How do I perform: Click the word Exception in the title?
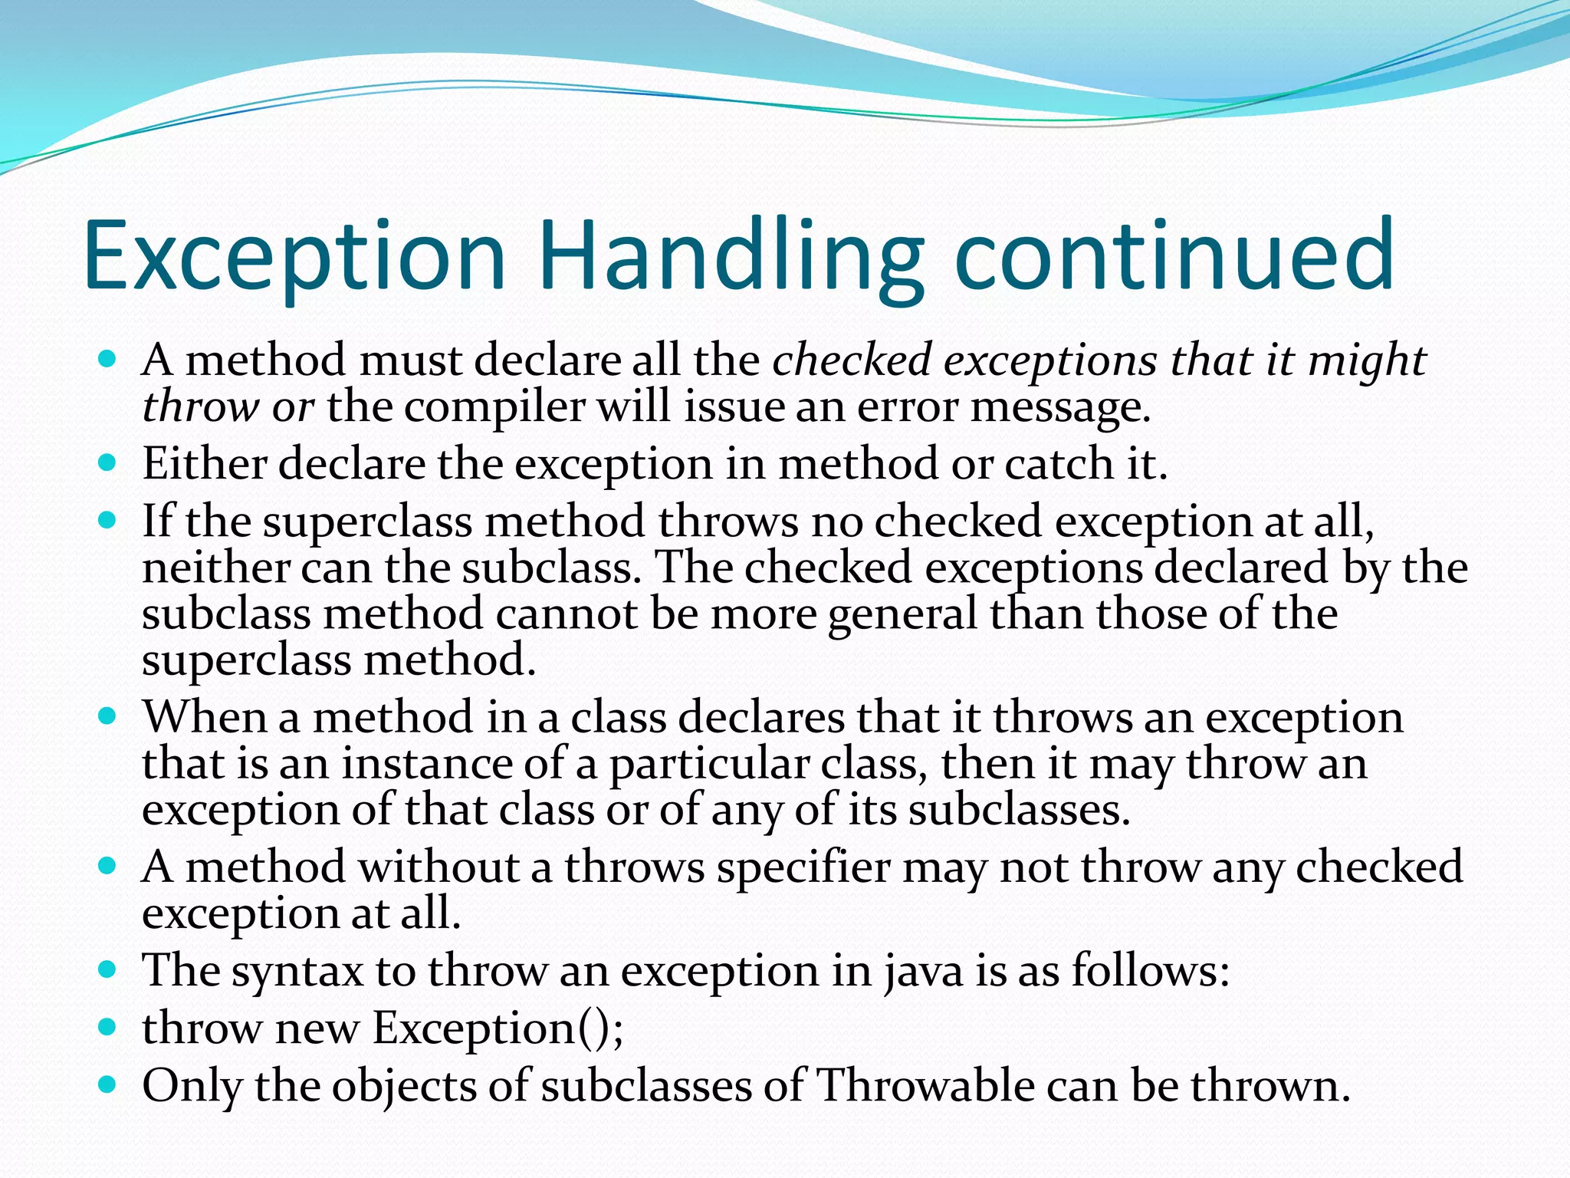point(295,257)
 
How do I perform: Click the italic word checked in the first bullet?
point(852,360)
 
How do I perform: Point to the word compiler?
point(494,406)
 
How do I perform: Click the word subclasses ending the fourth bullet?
point(1019,811)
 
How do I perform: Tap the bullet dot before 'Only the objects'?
point(108,1084)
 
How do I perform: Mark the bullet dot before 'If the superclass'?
point(108,521)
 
